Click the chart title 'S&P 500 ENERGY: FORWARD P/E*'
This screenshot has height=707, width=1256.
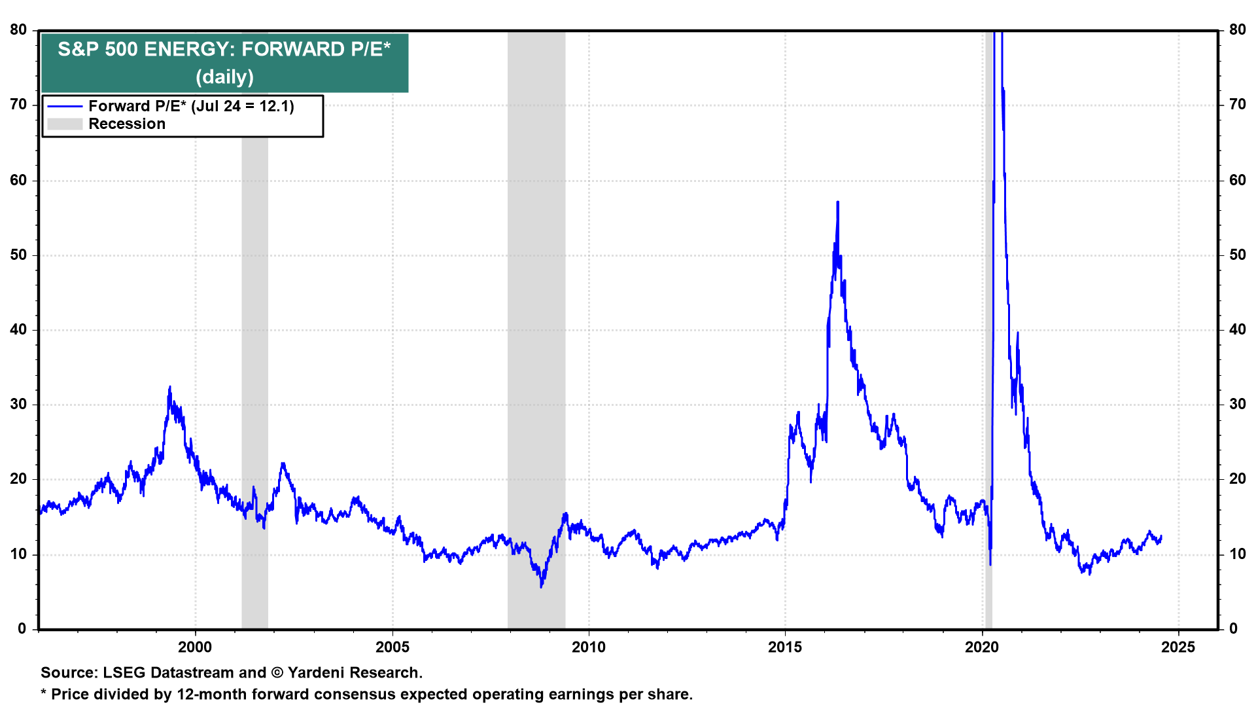click(x=224, y=49)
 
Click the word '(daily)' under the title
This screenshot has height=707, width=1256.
click(x=224, y=77)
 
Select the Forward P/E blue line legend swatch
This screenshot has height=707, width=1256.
click(x=65, y=107)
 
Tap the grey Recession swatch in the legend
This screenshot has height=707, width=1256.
click(x=65, y=124)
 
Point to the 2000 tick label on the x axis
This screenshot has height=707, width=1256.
click(x=195, y=647)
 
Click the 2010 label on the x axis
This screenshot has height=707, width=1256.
click(x=589, y=647)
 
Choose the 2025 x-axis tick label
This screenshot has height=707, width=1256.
click(x=1178, y=647)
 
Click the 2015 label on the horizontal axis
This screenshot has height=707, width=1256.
click(x=785, y=647)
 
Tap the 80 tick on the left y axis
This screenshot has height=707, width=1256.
click(x=18, y=30)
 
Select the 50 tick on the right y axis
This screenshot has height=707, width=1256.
click(x=1237, y=255)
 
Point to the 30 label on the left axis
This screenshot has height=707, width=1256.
click(x=18, y=405)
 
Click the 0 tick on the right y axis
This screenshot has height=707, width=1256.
click(x=1233, y=629)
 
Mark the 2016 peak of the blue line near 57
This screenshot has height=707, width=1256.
click(x=837, y=202)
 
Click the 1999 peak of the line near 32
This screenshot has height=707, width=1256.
click(x=170, y=387)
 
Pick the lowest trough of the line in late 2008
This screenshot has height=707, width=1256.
click(x=541, y=587)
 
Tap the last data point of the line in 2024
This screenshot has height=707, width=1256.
click(x=1161, y=536)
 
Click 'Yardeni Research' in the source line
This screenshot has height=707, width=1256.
click(x=354, y=673)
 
